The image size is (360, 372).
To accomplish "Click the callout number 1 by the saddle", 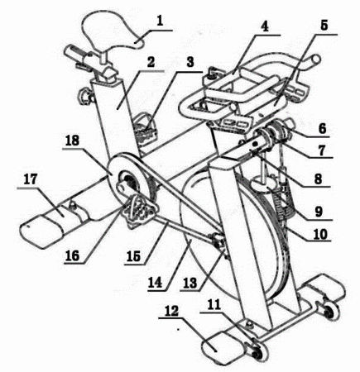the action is click(160, 21).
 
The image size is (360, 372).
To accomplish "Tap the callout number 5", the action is click(324, 26).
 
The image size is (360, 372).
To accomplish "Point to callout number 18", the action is click(72, 141).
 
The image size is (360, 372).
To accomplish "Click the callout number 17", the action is click(31, 179).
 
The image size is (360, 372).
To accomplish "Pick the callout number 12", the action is click(172, 311).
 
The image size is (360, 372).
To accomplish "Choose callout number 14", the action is click(155, 283).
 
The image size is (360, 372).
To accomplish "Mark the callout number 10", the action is click(320, 235).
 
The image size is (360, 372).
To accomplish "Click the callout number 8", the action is click(319, 179).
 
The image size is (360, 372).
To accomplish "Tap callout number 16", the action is click(72, 256).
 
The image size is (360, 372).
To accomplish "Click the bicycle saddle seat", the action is click(113, 30).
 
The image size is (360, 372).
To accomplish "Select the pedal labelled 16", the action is click(139, 209).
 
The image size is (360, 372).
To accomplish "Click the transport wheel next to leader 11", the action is click(259, 351).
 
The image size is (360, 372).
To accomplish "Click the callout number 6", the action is click(322, 128).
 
